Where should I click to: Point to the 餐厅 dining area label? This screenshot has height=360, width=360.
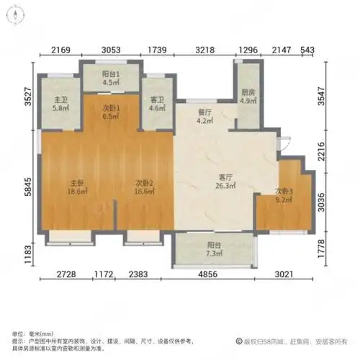[x=204, y=112]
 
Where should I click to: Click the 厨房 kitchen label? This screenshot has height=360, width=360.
[x=246, y=91]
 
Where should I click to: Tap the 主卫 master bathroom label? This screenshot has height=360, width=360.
[x=61, y=100]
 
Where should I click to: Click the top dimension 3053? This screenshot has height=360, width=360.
[x=110, y=49]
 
